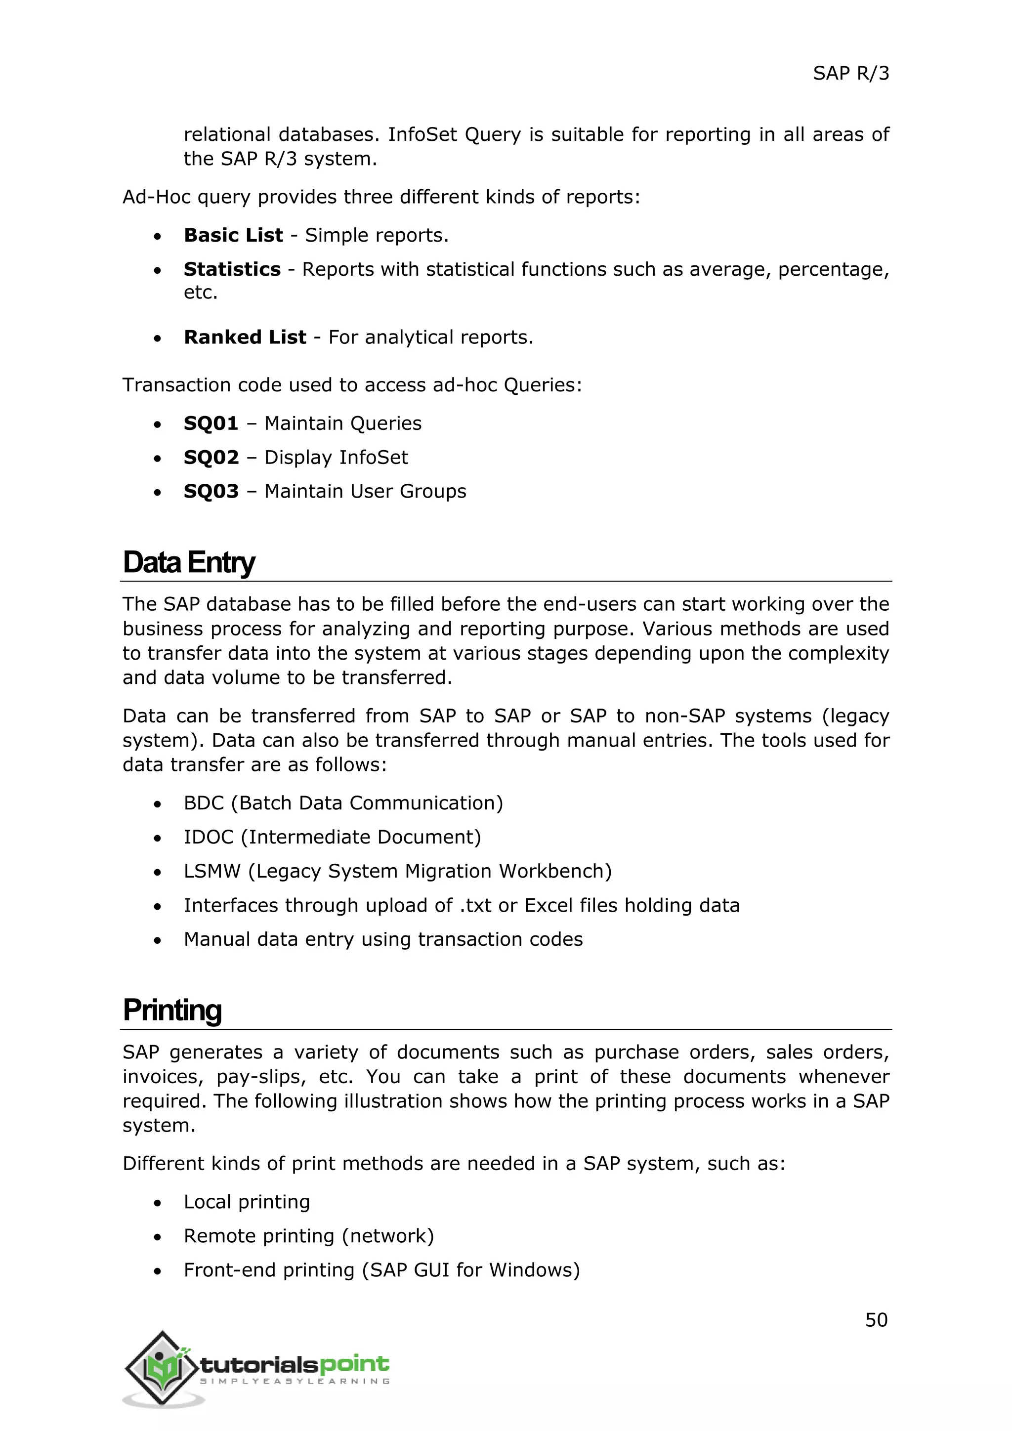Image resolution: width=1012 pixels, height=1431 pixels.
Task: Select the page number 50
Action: pos(876,1319)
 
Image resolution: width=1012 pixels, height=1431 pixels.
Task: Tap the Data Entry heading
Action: pos(188,562)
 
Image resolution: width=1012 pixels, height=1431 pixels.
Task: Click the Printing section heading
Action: pos(172,1010)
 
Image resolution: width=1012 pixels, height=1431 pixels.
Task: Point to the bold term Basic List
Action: pos(233,235)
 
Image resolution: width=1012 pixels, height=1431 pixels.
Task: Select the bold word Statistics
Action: pos(232,269)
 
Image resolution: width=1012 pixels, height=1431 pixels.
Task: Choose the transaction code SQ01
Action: pos(211,423)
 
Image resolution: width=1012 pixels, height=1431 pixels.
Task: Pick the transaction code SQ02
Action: pos(211,458)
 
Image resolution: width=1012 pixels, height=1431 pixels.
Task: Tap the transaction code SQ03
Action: pos(211,491)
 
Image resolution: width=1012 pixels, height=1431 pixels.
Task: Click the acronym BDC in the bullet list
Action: pos(204,803)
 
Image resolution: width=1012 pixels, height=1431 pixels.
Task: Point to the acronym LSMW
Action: pos(212,871)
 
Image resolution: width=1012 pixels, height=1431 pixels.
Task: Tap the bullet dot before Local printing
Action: pos(158,1203)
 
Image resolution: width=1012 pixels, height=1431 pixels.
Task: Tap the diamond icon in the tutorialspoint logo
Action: pos(163,1368)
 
